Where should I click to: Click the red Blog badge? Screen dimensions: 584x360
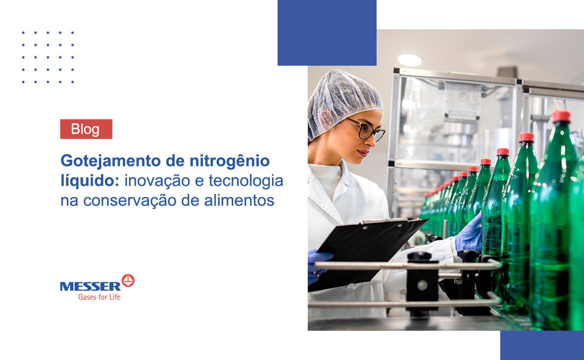point(86,129)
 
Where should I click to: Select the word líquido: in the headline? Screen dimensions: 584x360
point(90,180)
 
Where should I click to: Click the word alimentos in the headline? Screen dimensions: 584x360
point(239,201)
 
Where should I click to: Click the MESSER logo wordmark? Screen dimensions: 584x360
point(90,286)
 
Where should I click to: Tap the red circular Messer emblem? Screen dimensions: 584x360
point(128,280)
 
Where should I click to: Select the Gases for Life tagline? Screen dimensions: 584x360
point(99,297)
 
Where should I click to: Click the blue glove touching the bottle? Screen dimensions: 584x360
point(469,234)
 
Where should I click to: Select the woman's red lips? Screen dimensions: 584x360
point(363,153)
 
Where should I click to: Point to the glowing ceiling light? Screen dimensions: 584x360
point(409,60)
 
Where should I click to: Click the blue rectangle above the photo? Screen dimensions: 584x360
point(327,32)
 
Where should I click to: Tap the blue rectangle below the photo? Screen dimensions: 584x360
point(542,346)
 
